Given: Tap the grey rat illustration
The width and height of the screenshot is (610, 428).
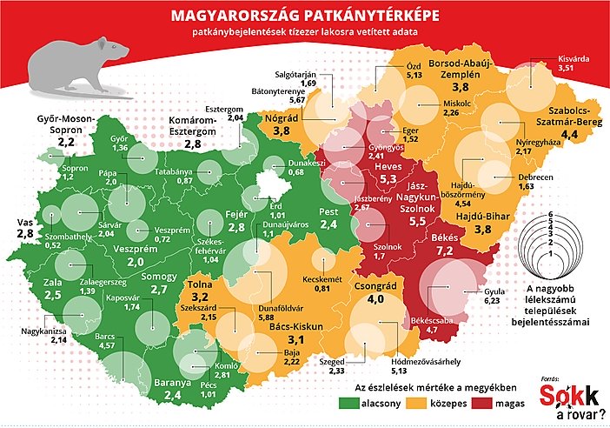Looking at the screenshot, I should [x=74, y=65].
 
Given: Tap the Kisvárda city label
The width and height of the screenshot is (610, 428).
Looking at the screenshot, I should [x=574, y=59].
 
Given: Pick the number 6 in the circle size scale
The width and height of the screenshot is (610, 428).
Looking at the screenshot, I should [x=551, y=213].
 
